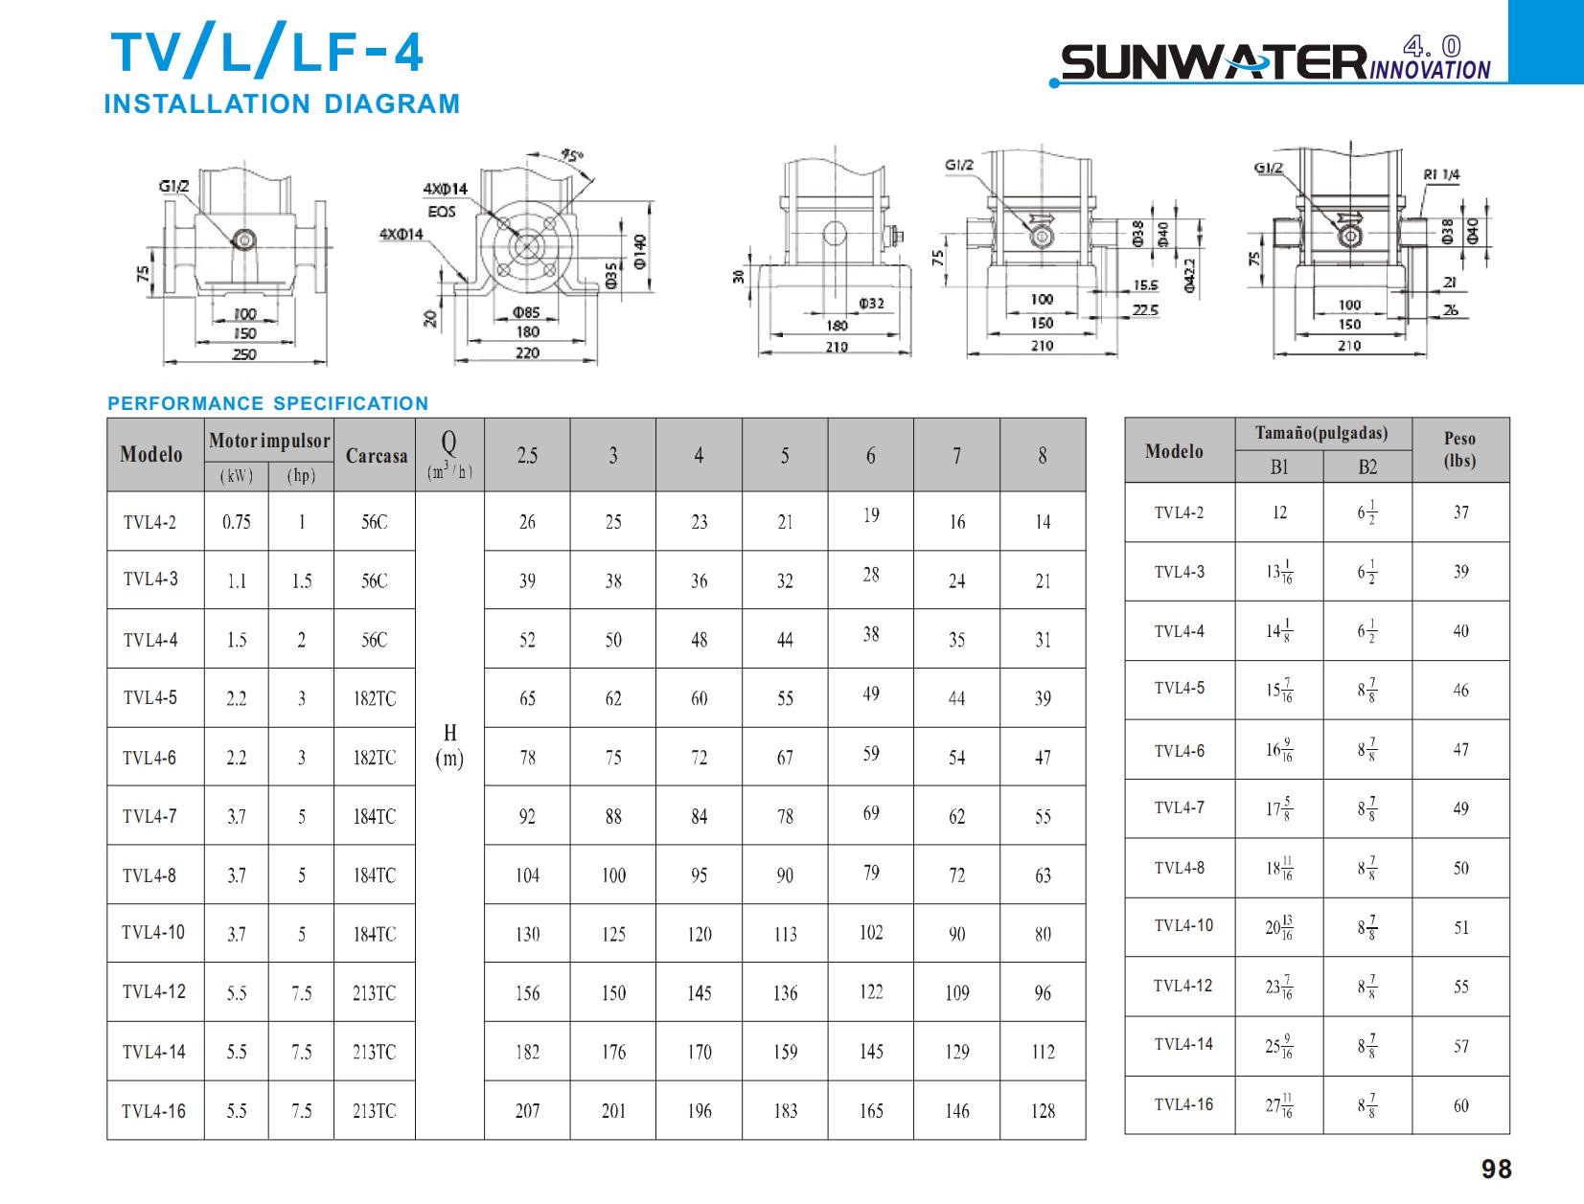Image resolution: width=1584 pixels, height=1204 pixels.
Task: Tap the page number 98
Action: (x=1496, y=1170)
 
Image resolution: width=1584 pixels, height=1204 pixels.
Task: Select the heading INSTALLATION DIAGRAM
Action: (x=282, y=103)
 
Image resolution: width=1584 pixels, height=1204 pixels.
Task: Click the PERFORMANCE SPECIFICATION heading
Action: (x=268, y=403)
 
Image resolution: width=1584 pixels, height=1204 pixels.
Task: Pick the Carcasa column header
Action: (x=376, y=456)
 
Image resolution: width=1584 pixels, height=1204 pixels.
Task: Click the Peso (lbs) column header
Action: (x=1459, y=449)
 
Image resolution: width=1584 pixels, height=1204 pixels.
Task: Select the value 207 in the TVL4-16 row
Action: (x=527, y=1111)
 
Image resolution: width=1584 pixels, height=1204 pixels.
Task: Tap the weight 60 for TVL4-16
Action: (x=1460, y=1106)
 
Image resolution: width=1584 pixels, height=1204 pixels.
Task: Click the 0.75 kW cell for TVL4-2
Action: (x=236, y=522)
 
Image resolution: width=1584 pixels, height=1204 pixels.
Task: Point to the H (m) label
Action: (x=449, y=746)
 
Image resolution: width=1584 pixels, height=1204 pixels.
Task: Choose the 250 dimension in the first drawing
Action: (x=244, y=354)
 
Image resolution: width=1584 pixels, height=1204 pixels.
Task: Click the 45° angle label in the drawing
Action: (x=572, y=155)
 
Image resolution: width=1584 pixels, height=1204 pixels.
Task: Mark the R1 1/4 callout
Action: (x=1441, y=174)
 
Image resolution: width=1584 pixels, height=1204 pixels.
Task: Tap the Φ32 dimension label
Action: (x=871, y=304)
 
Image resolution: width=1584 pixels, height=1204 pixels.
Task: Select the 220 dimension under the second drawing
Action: (x=527, y=352)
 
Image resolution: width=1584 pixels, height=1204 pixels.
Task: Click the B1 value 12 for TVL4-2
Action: (x=1279, y=512)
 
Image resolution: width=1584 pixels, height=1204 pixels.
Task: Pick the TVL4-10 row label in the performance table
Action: (x=153, y=932)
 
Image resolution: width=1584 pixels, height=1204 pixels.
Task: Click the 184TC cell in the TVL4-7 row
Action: (x=374, y=817)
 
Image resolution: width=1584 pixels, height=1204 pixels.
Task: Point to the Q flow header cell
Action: (x=448, y=454)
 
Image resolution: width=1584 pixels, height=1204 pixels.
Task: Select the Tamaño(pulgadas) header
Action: (x=1321, y=433)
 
